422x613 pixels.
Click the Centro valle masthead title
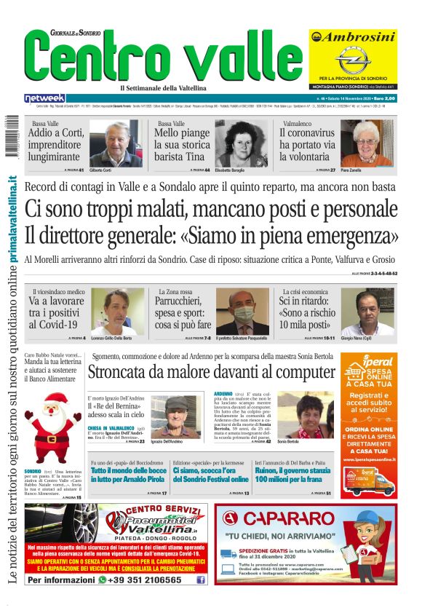coord(161,60)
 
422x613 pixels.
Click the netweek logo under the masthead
coord(44,98)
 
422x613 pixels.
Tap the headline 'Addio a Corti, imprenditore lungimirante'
coord(55,145)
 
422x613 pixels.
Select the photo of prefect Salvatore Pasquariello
coord(243,312)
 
